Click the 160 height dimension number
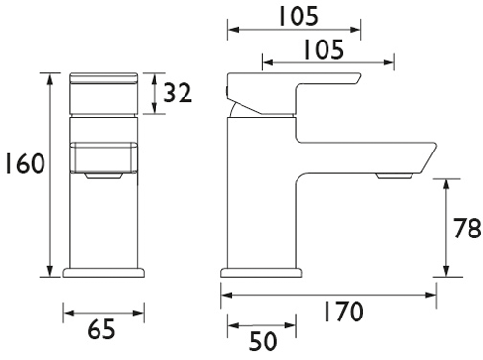(21, 164)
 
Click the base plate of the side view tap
(259, 273)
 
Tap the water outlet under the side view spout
(395, 176)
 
